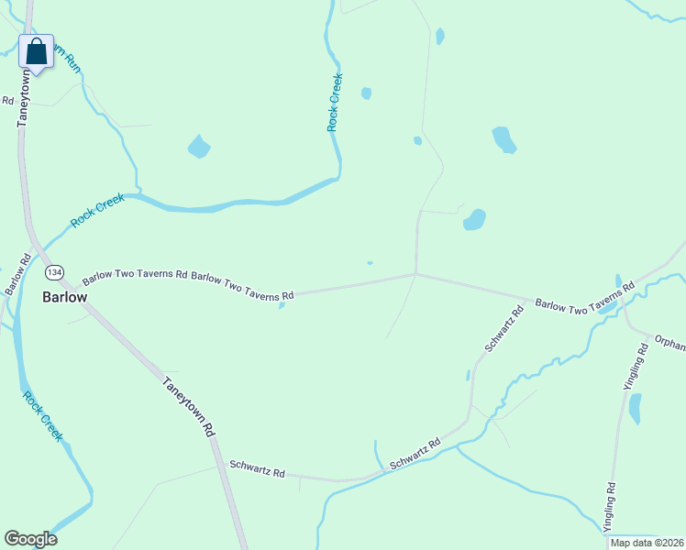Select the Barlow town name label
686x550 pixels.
[x=65, y=298]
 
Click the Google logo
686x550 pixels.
[x=30, y=539]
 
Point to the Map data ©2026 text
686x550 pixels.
[x=647, y=543]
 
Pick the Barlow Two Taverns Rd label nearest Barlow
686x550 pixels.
[x=135, y=275]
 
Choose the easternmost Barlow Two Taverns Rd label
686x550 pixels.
[x=585, y=297]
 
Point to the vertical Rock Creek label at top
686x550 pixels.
[x=335, y=103]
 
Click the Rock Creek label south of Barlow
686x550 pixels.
[x=42, y=417]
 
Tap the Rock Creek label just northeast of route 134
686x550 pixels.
[x=97, y=210]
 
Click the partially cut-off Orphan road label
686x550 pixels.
[x=669, y=342]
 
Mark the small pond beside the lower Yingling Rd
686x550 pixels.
[x=635, y=408]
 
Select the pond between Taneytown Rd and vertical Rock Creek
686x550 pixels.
[x=198, y=146]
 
